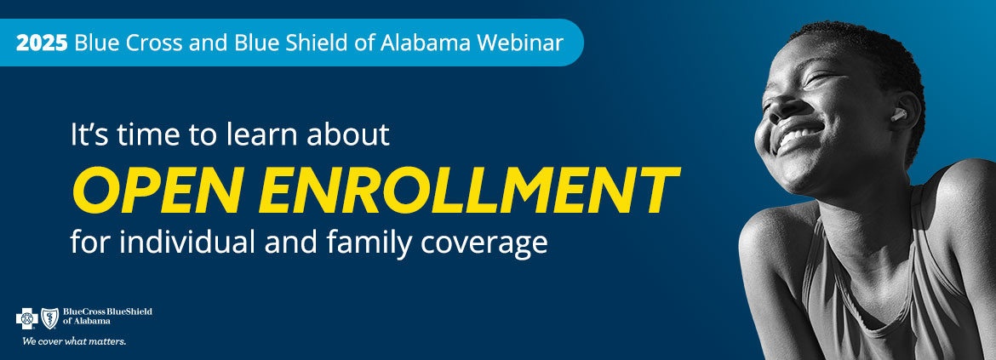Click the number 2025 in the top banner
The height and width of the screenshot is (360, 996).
pos(42,43)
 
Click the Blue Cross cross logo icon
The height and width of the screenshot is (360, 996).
pos(26,318)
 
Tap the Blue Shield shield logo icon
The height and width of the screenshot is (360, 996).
pos(50,318)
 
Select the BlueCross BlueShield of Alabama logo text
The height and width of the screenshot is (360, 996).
pos(107,317)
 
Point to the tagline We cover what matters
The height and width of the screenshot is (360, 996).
pos(74,341)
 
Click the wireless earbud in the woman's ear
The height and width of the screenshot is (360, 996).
pos(898,114)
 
